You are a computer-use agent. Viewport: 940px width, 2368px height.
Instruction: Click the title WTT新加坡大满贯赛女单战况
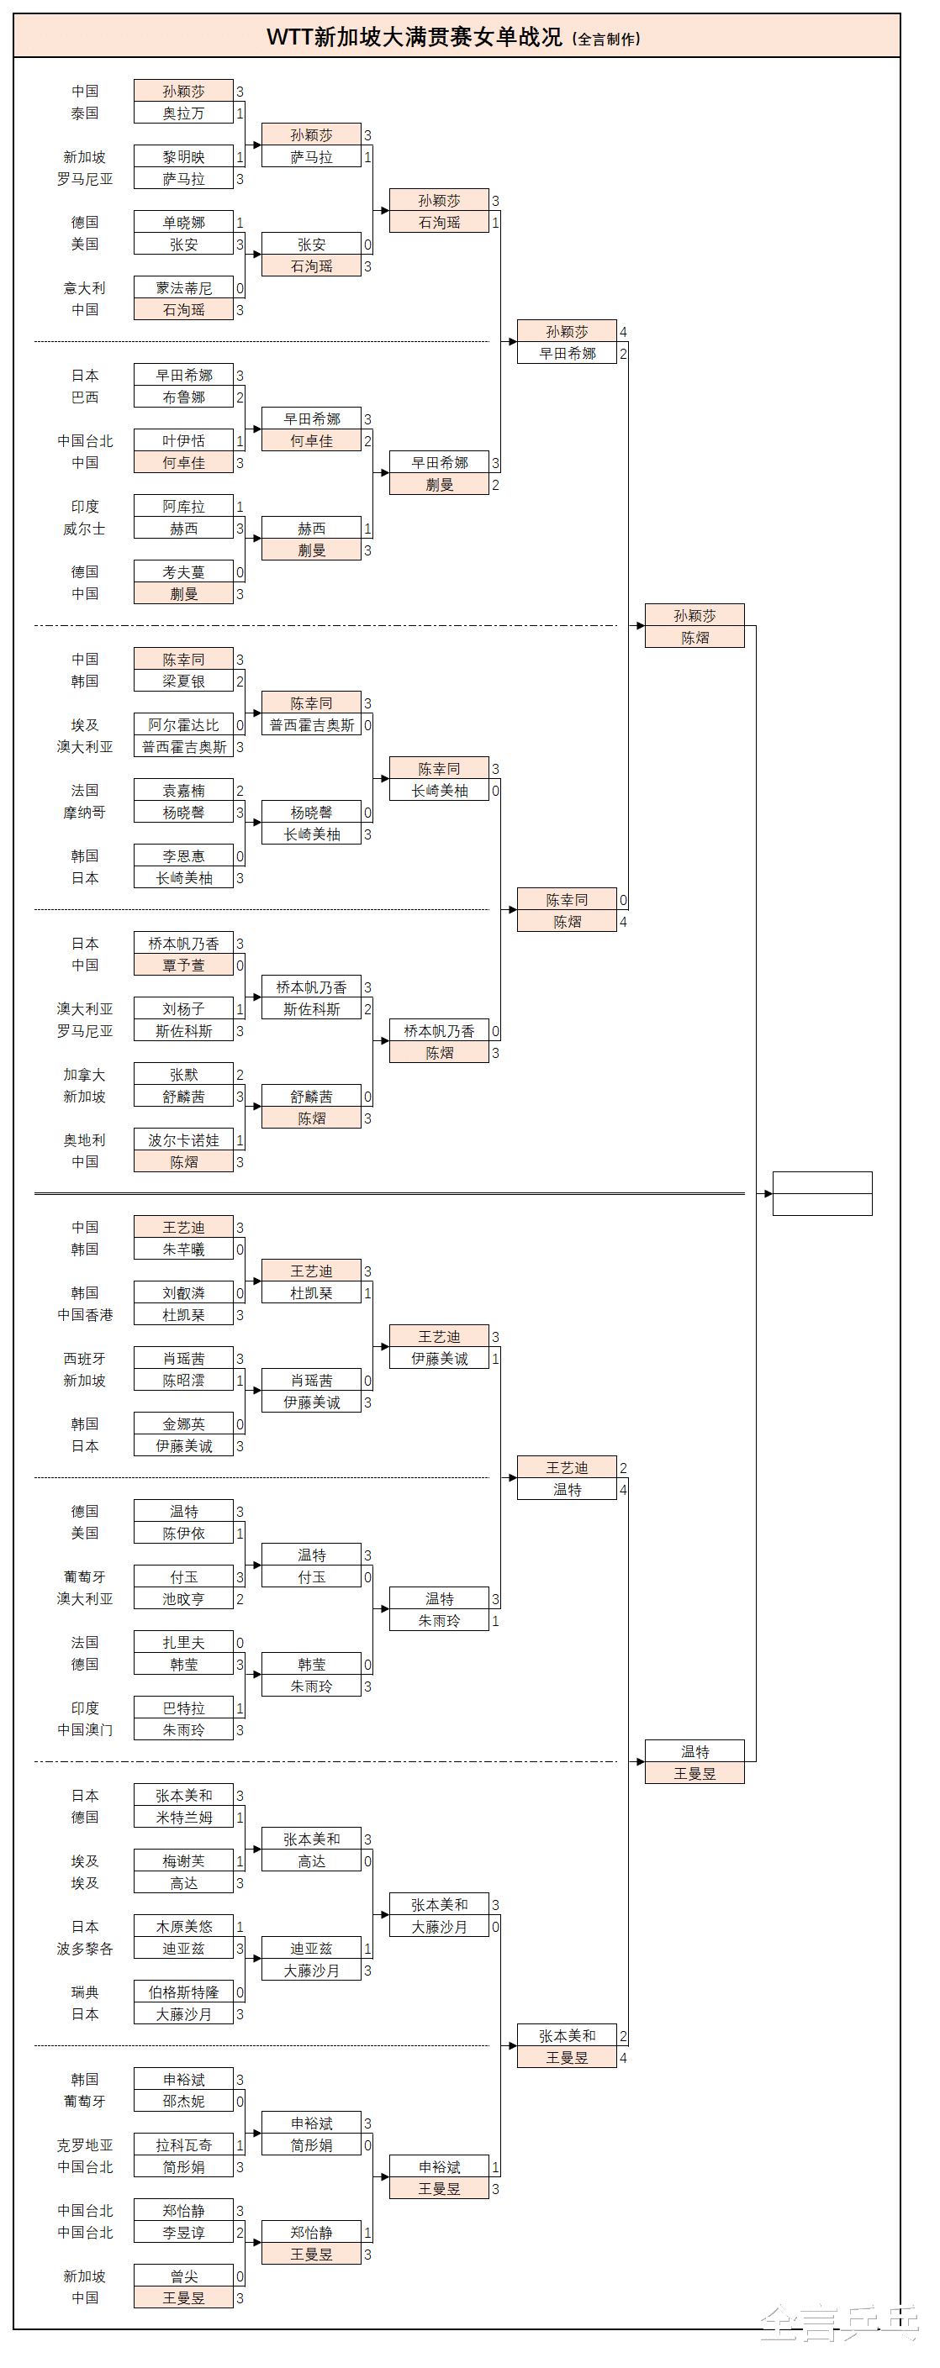pos(414,37)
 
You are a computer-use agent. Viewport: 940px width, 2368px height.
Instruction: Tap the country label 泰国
pos(85,114)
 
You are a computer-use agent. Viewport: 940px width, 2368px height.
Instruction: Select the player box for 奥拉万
pos(183,114)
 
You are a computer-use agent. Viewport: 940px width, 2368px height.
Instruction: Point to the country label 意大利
pos(85,288)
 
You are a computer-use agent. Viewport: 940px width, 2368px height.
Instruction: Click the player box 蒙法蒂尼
pos(183,288)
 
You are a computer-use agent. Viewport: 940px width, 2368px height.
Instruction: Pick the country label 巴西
pos(85,398)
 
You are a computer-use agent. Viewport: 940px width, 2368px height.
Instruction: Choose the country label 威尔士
pos(85,529)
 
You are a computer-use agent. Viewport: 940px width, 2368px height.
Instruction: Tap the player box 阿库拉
pos(183,507)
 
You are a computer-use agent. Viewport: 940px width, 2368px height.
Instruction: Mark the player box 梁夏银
pos(183,681)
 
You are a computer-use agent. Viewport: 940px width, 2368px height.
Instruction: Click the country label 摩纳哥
pos(85,813)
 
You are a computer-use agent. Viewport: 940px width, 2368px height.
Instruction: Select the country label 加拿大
pos(85,1075)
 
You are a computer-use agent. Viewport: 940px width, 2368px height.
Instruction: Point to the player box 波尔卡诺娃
pos(183,1139)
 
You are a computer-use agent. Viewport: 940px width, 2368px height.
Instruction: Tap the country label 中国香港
pos(85,1315)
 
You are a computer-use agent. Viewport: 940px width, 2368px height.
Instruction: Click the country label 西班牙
pos(85,1359)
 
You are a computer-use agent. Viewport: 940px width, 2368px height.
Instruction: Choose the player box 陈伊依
pos(183,1534)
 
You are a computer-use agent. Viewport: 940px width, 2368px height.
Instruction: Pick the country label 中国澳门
pos(85,1730)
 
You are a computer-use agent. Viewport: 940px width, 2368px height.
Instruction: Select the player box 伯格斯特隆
pos(183,1992)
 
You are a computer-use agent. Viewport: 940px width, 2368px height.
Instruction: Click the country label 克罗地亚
pos(85,2144)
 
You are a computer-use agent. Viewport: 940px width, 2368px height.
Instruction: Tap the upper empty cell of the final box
pos(822,1183)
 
